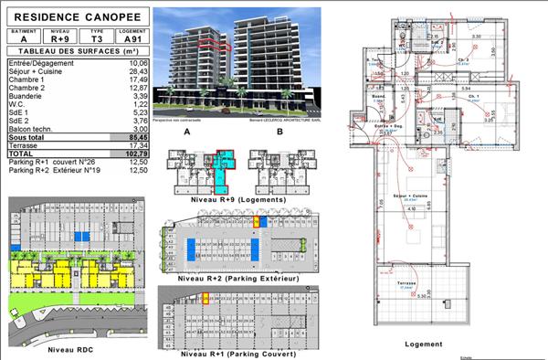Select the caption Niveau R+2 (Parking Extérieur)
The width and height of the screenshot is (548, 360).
pos(239,276)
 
